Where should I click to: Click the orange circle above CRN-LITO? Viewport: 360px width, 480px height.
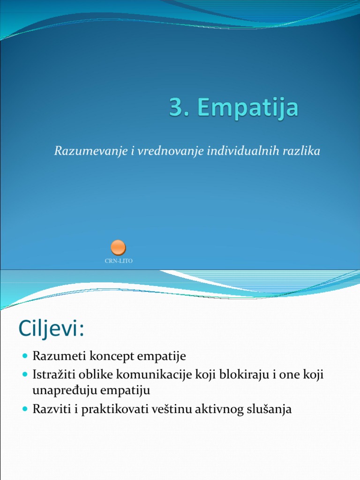pyautogui.click(x=118, y=247)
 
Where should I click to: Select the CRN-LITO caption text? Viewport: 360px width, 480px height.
pyautogui.click(x=119, y=261)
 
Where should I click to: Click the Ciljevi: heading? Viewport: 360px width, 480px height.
pyautogui.click(x=51, y=329)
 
